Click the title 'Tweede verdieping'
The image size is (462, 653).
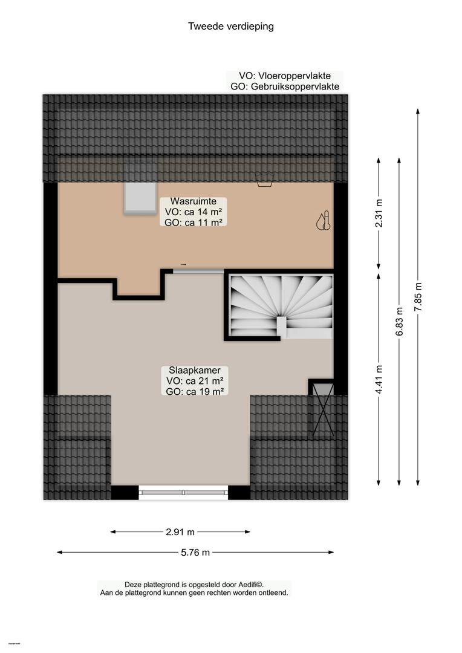tap(231, 26)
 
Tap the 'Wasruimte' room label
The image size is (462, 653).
tap(194, 201)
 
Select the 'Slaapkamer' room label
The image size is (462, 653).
tap(195, 370)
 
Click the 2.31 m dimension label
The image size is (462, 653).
tap(379, 213)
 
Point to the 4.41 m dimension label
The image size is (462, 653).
tap(379, 379)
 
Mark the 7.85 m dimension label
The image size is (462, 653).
tap(418, 296)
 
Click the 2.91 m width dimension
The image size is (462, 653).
tap(180, 532)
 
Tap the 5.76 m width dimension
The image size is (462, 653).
tap(195, 553)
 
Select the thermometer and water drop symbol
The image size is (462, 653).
tap(324, 221)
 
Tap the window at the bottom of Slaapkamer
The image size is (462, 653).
tap(183, 493)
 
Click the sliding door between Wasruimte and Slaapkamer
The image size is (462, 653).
tap(198, 271)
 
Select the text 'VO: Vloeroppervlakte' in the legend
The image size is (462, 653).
tap(285, 76)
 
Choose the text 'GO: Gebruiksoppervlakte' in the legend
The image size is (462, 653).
tap(285, 86)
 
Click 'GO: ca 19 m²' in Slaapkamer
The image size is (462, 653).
tap(195, 391)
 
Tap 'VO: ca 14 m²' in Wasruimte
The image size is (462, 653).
tap(194, 212)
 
